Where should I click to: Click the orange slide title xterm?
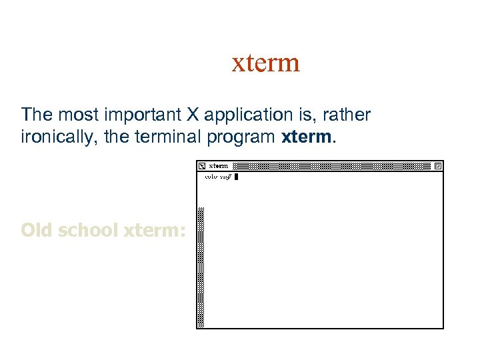(265, 63)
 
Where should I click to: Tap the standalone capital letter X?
(192, 115)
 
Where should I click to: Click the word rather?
(346, 115)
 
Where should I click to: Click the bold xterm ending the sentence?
(307, 137)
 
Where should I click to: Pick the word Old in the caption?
(37, 230)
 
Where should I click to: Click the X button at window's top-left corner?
(201, 165)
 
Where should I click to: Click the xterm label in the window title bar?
(219, 165)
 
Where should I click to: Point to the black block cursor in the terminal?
(236, 177)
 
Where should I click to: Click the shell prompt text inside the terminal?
(218, 177)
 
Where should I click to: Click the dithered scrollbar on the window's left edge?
(201, 267)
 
